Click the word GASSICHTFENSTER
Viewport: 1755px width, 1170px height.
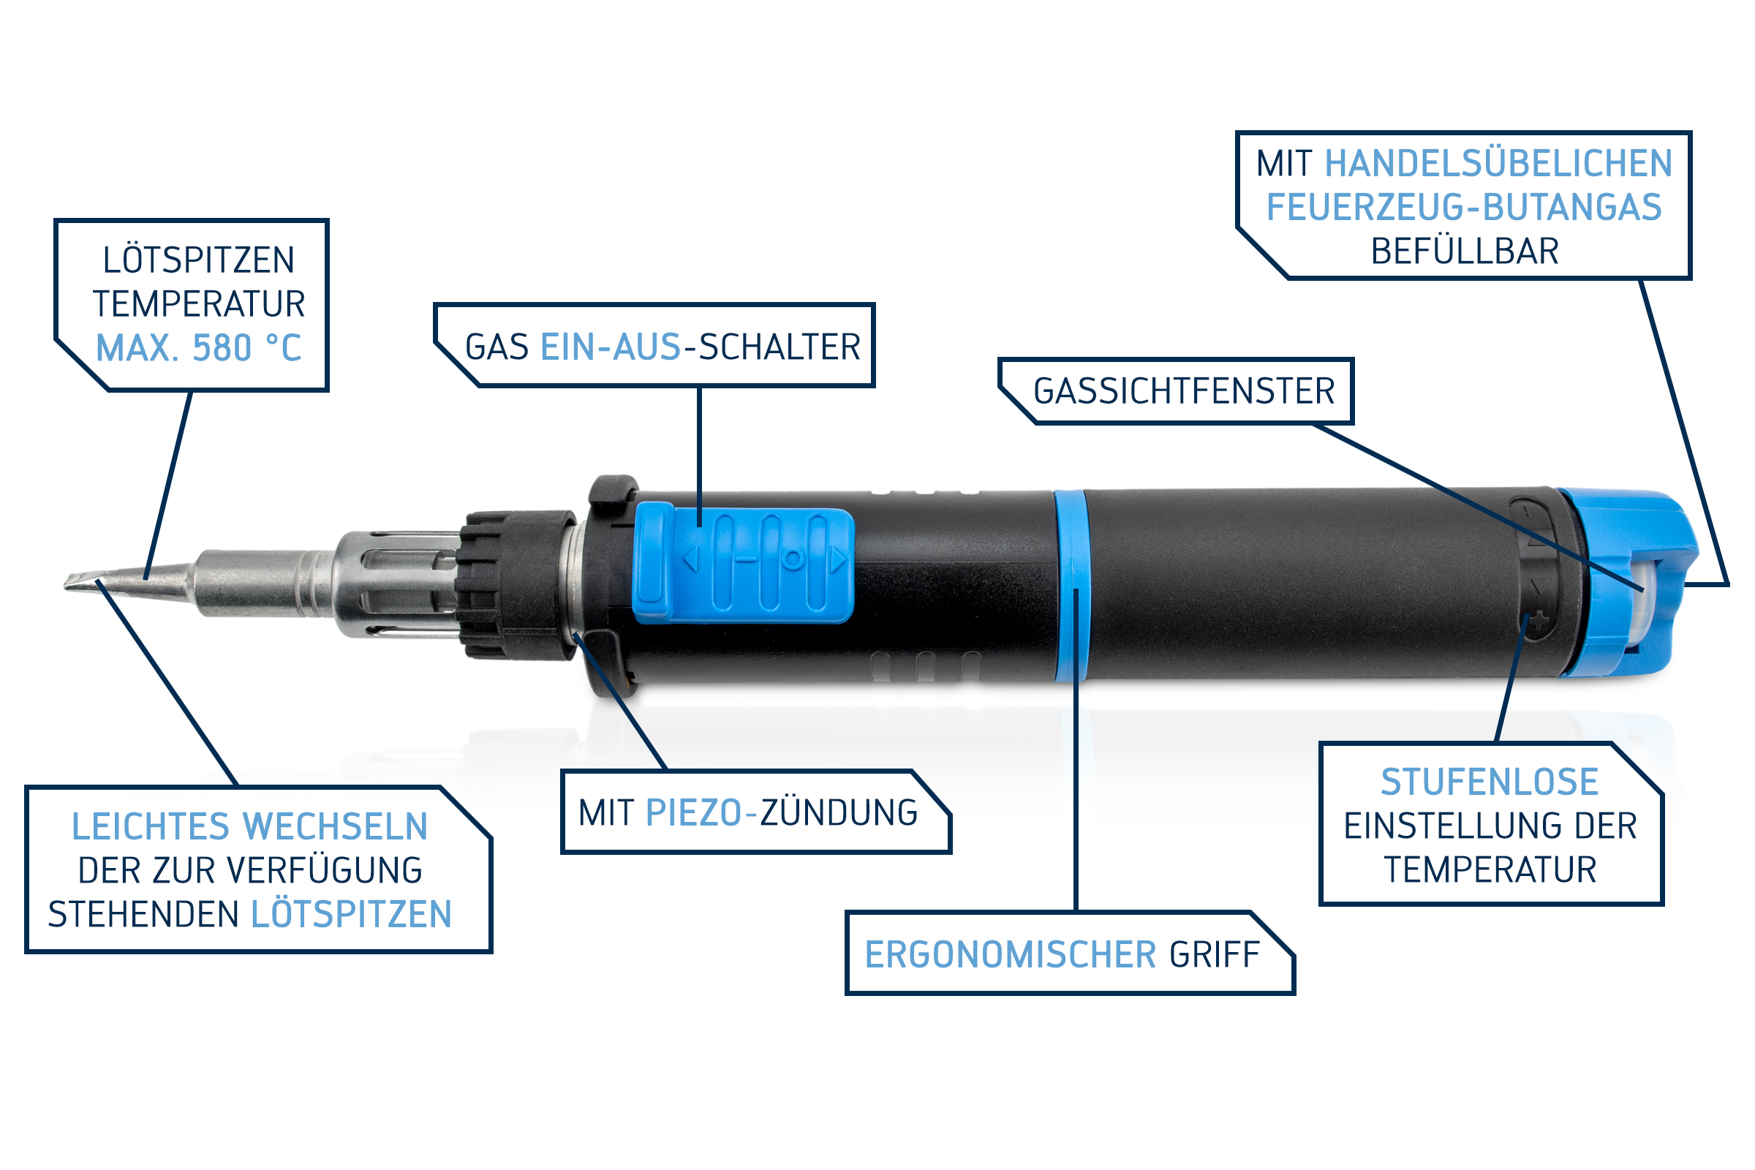click(x=1184, y=392)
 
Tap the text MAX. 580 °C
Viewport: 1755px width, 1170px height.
click(x=198, y=349)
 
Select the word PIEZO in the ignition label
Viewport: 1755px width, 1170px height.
click(x=693, y=812)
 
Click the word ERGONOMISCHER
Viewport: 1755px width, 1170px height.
click(x=1011, y=955)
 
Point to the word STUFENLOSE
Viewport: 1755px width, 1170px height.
click(x=1490, y=782)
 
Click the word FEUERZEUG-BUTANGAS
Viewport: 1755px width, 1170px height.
click(x=1464, y=208)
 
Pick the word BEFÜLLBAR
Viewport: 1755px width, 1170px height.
click(x=1465, y=252)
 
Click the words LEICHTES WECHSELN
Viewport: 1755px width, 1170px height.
click(x=249, y=827)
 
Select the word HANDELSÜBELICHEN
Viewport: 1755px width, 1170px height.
click(x=1498, y=163)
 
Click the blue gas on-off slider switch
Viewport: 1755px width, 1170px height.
click(x=743, y=562)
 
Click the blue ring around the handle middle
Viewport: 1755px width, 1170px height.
click(x=1071, y=586)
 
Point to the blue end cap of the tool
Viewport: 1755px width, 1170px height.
click(x=1626, y=584)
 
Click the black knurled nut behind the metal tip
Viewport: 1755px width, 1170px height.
click(x=517, y=585)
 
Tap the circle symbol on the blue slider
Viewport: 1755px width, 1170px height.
click(x=793, y=558)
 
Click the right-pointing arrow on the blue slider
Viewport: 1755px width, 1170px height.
click(x=838, y=559)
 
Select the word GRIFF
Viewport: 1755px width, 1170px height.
click(x=1215, y=955)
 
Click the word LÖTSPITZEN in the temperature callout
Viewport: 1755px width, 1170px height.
click(x=198, y=260)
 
